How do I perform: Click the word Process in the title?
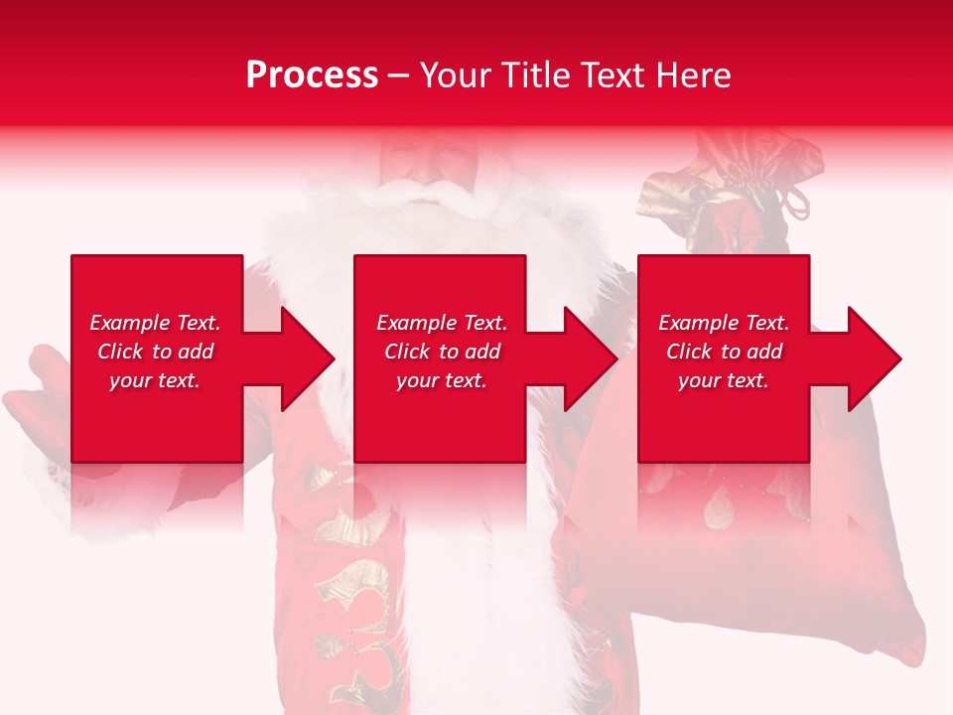tap(312, 75)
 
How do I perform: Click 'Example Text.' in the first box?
tap(155, 323)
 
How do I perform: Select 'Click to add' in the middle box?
tap(442, 352)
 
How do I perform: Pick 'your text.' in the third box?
tap(724, 380)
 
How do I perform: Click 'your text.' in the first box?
tap(155, 380)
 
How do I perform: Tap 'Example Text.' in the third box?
tap(724, 323)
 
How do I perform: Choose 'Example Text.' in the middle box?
tap(442, 323)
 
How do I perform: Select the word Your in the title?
tap(455, 75)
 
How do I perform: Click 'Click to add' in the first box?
tap(155, 352)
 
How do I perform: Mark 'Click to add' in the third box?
tap(724, 352)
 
